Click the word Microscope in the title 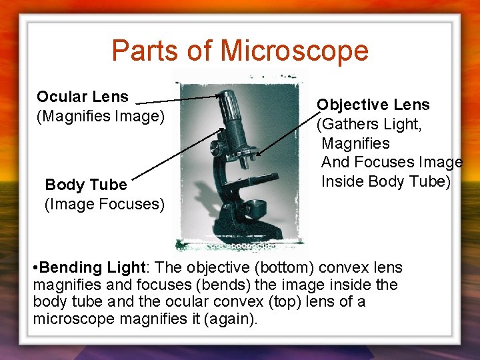pyautogui.click(x=294, y=51)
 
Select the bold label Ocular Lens pyautogui.click(x=83, y=97)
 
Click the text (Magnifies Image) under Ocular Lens pyautogui.click(x=100, y=117)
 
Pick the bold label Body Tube pyautogui.click(x=85, y=184)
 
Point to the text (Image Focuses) pyautogui.click(x=104, y=203)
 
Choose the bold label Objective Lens pyautogui.click(x=373, y=105)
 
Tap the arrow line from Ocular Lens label pyautogui.click(x=180, y=100)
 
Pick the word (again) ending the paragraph pyautogui.click(x=233, y=319)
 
